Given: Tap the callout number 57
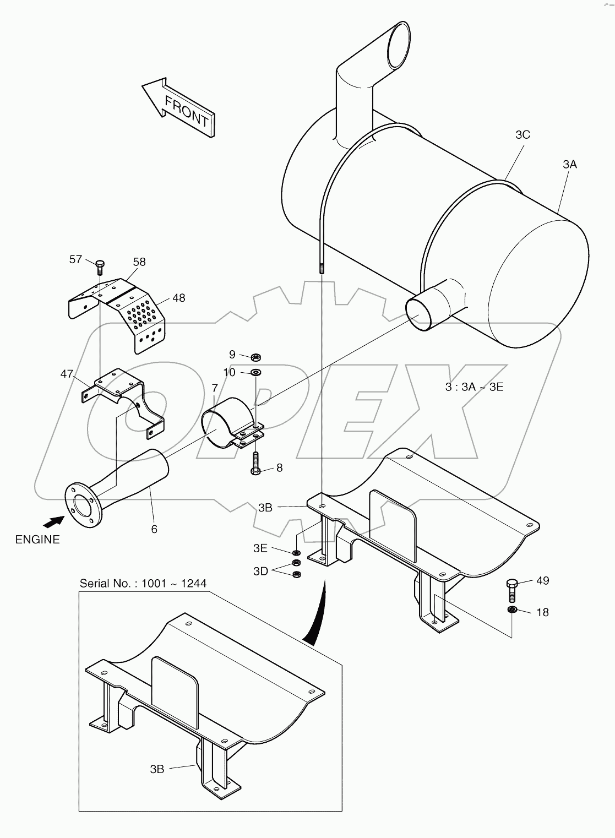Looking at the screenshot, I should pyautogui.click(x=76, y=259).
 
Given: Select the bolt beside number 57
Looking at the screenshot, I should pyautogui.click(x=100, y=267).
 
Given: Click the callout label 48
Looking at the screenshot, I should pyautogui.click(x=178, y=298).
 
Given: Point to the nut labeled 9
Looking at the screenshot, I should pyautogui.click(x=255, y=356).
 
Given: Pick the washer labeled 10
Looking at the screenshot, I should pyautogui.click(x=256, y=373).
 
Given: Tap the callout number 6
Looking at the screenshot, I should pyautogui.click(x=154, y=529).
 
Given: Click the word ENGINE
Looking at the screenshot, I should pyautogui.click(x=37, y=540).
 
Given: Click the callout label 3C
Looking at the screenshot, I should pyautogui.click(x=523, y=134).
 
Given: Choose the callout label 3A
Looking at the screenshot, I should pyautogui.click(x=570, y=164).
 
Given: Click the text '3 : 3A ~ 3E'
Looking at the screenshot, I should pyautogui.click(x=474, y=387).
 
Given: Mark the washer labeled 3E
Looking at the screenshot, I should pyautogui.click(x=296, y=552).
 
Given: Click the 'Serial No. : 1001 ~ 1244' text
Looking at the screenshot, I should pyautogui.click(x=143, y=583).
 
